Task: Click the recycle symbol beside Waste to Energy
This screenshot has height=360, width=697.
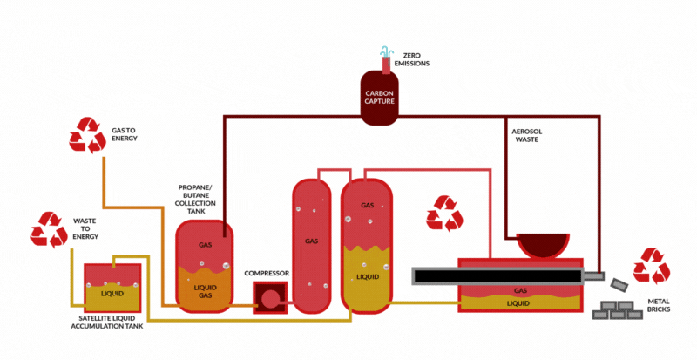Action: [x=50, y=229]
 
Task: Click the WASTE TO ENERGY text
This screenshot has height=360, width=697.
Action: [x=86, y=230]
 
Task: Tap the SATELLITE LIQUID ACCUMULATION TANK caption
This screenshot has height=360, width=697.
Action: [x=111, y=323]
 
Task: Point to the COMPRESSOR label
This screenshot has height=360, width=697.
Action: [x=267, y=273]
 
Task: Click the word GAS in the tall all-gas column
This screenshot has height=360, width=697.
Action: [x=311, y=241]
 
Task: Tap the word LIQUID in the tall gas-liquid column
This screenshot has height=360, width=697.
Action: [x=368, y=277]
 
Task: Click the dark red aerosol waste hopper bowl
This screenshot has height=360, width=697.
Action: [x=544, y=245]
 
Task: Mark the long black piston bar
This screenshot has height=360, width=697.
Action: [x=497, y=276]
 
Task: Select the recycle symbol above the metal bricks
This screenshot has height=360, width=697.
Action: [x=652, y=266]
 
